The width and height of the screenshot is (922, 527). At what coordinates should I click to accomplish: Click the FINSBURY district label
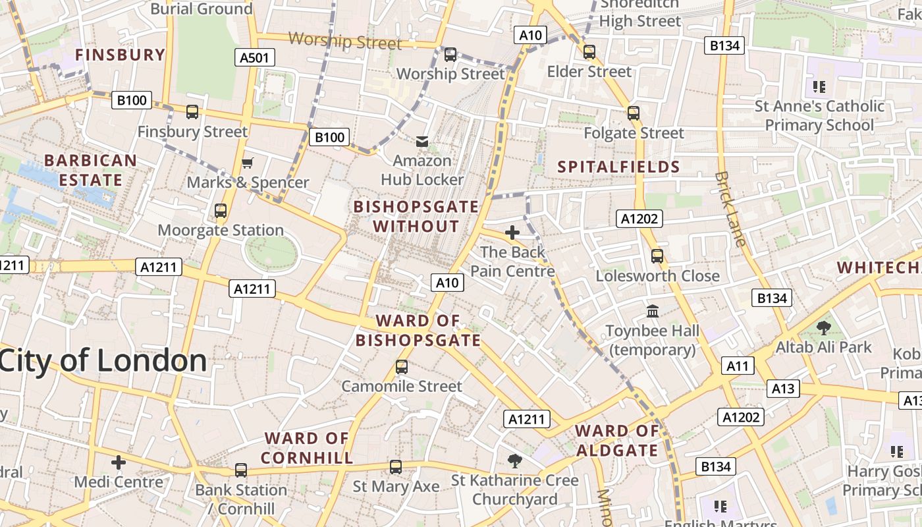pyautogui.click(x=120, y=55)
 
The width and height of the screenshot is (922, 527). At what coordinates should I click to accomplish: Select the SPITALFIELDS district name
pyautogui.click(x=618, y=167)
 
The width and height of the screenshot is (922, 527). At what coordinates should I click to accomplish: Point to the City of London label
pyautogui.click(x=103, y=360)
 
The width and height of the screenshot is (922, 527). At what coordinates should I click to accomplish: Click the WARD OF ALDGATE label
pyautogui.click(x=617, y=441)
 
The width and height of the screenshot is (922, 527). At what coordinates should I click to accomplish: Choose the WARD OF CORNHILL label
pyautogui.click(x=307, y=448)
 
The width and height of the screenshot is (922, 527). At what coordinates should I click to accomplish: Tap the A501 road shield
pyautogui.click(x=254, y=58)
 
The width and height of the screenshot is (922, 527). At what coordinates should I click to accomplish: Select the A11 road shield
pyautogui.click(x=737, y=366)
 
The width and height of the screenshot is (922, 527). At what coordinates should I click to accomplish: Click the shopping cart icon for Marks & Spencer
pyautogui.click(x=248, y=163)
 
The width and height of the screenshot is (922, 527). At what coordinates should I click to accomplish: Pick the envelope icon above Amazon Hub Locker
pyautogui.click(x=421, y=141)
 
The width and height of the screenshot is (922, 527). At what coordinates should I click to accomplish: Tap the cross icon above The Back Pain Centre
pyautogui.click(x=512, y=233)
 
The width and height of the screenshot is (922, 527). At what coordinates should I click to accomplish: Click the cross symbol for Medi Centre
pyautogui.click(x=119, y=462)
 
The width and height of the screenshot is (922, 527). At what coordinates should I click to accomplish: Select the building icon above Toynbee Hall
pyautogui.click(x=653, y=310)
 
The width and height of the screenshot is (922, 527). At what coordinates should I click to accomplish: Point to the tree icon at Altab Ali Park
pyautogui.click(x=823, y=327)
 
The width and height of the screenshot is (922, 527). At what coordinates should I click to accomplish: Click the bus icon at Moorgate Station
pyautogui.click(x=221, y=211)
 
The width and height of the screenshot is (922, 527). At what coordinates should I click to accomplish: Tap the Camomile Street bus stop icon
pyautogui.click(x=402, y=367)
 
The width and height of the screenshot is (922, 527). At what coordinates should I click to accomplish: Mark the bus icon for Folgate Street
pyautogui.click(x=634, y=113)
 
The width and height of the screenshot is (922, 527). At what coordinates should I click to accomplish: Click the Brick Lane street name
pyautogui.click(x=731, y=209)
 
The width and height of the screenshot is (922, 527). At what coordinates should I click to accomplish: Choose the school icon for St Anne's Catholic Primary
pyautogui.click(x=819, y=86)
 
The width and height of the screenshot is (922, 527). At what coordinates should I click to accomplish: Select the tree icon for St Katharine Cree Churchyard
pyautogui.click(x=515, y=460)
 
